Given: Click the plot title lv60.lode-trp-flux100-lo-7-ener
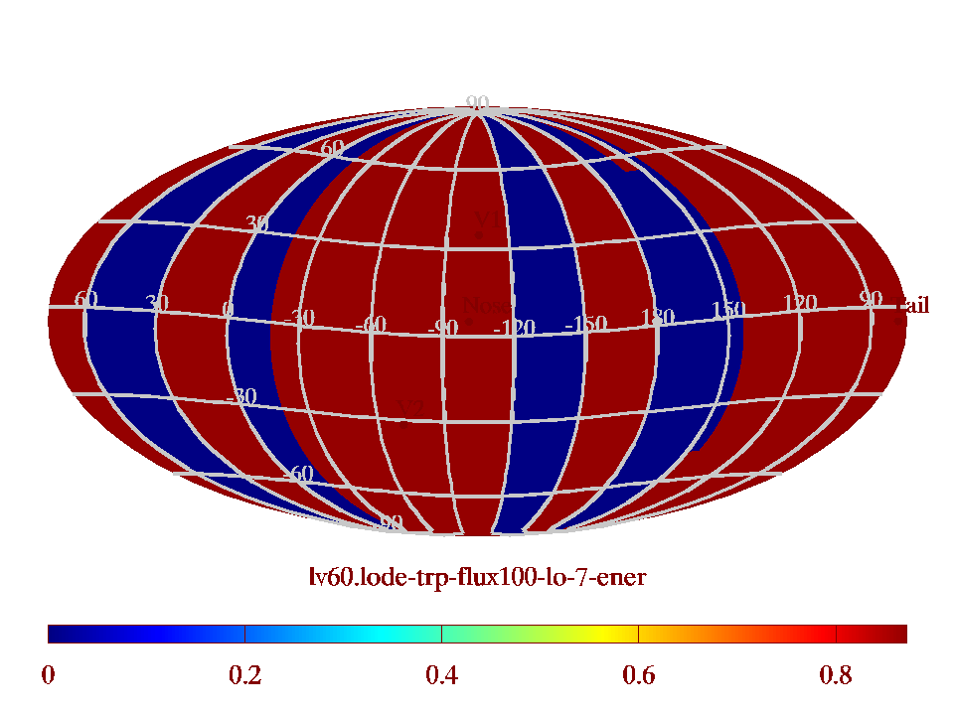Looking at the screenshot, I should (478, 576).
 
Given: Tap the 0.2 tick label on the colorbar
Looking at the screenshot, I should (244, 676).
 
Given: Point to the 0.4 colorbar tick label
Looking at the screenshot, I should (441, 676).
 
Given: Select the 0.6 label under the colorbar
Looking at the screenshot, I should (638, 676).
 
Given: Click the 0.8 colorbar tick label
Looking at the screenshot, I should (836, 676).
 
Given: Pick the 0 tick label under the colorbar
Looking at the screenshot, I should (48, 676).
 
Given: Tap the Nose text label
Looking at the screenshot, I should (487, 307).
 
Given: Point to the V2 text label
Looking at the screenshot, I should (411, 408).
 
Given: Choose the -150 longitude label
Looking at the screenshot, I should (585, 324).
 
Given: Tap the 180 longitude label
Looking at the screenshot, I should (657, 318).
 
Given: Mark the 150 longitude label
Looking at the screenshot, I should (727, 310).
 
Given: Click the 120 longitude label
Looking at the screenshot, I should (800, 303).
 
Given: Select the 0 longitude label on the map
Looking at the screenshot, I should (228, 310).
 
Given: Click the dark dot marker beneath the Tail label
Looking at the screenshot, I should (898, 320).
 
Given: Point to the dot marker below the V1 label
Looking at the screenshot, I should (479, 235).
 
